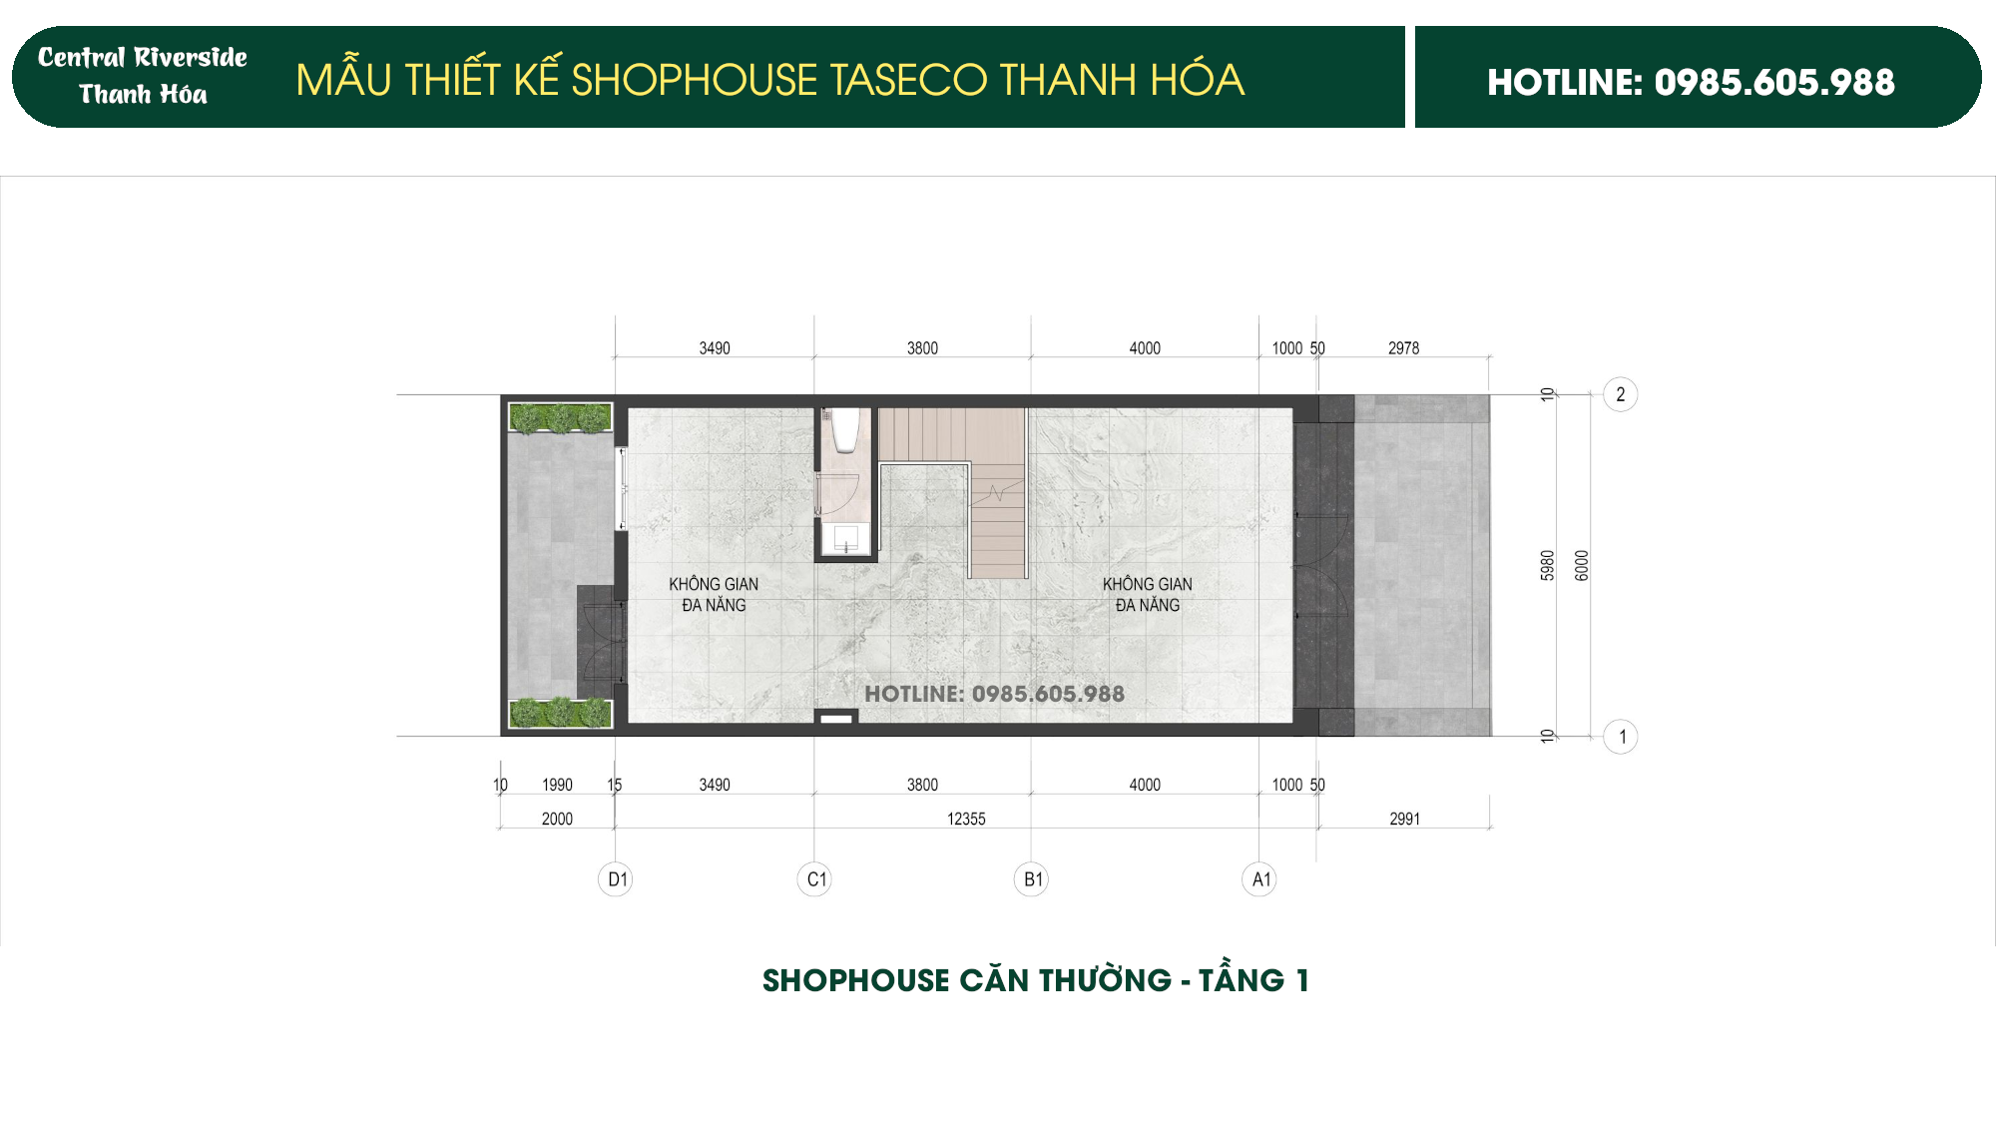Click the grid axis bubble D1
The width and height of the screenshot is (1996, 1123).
tap(616, 879)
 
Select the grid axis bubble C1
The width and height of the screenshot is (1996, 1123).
tap(815, 879)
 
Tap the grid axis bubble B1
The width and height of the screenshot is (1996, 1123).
tap(1032, 879)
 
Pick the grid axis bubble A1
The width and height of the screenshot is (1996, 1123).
tap(1259, 879)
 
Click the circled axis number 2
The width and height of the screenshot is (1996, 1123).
tap(1620, 394)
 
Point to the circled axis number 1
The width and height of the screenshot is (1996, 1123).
tap(1621, 737)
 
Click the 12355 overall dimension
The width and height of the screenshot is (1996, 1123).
tap(965, 819)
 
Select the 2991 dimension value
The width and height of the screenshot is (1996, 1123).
tap(1404, 819)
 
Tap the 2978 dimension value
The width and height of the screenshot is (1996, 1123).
tap(1403, 348)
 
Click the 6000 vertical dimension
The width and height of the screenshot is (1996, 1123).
tap(1582, 565)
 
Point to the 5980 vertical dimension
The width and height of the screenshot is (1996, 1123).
tap(1548, 565)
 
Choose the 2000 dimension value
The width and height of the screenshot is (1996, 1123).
tap(557, 819)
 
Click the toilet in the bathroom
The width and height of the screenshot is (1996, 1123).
tap(846, 429)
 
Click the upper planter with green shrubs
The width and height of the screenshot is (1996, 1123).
tap(560, 417)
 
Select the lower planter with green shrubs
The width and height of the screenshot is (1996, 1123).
tap(560, 713)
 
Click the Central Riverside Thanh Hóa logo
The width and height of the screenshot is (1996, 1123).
tap(143, 76)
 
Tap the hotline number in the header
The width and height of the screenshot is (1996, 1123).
tap(1691, 82)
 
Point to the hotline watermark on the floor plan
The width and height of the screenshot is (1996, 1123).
tap(994, 694)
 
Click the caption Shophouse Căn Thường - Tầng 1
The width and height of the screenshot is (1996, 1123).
tap(1035, 980)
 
